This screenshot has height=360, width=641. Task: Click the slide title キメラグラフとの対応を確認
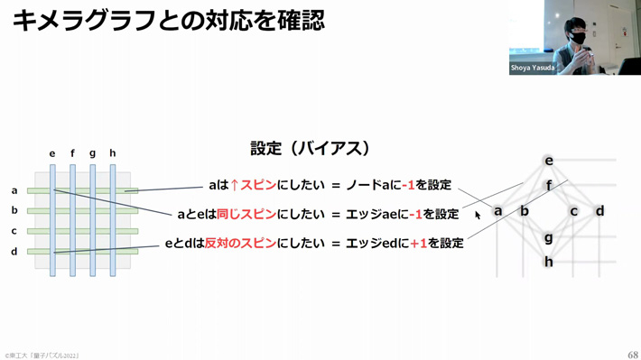click(168, 20)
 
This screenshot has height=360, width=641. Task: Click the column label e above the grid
click(53, 153)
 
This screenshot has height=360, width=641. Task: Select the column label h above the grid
click(113, 153)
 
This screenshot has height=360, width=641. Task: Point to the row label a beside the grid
click(14, 190)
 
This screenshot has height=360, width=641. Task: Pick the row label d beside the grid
click(14, 252)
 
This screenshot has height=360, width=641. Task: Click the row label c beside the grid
click(14, 231)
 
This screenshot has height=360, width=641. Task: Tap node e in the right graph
click(548, 161)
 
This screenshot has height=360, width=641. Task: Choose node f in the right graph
click(548, 186)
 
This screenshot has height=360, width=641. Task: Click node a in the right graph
click(497, 211)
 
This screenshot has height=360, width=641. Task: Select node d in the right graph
click(599, 211)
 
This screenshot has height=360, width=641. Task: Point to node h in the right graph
click(548, 262)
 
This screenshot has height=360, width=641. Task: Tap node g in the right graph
click(548, 237)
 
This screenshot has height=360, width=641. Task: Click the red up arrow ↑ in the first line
click(235, 185)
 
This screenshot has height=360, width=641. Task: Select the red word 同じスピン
click(246, 214)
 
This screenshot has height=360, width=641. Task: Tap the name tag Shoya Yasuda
click(533, 68)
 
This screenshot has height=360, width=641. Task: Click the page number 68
click(632, 355)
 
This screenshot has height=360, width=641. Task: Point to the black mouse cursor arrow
click(478, 215)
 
